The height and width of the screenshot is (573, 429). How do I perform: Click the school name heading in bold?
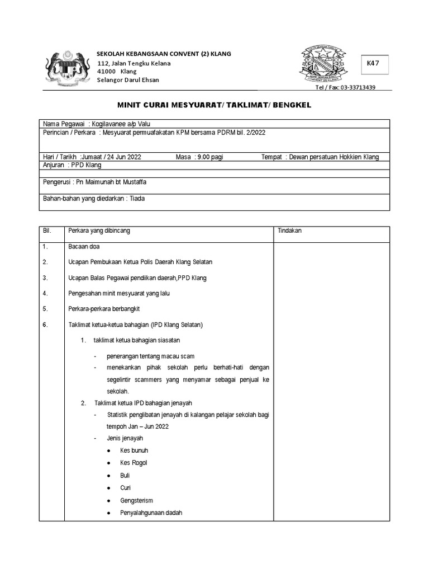pos(164,54)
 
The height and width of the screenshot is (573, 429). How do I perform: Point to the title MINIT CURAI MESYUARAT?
pos(214,105)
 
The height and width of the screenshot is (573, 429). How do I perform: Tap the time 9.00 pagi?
pos(210,157)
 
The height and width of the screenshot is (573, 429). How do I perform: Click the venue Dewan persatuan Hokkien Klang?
pos(334,157)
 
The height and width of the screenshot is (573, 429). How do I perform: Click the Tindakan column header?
pos(290,231)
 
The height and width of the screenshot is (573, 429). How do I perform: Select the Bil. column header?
pos(47,231)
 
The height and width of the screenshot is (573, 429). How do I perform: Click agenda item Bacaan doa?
pos(84,247)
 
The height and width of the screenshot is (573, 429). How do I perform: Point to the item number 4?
pos(45,293)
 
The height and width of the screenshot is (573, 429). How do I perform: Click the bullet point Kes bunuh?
pos(134,450)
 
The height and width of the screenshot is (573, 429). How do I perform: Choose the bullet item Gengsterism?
pos(136,501)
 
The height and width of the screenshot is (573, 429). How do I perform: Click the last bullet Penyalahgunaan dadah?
pos(151,513)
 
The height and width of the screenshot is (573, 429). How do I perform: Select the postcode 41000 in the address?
pos(107,72)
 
